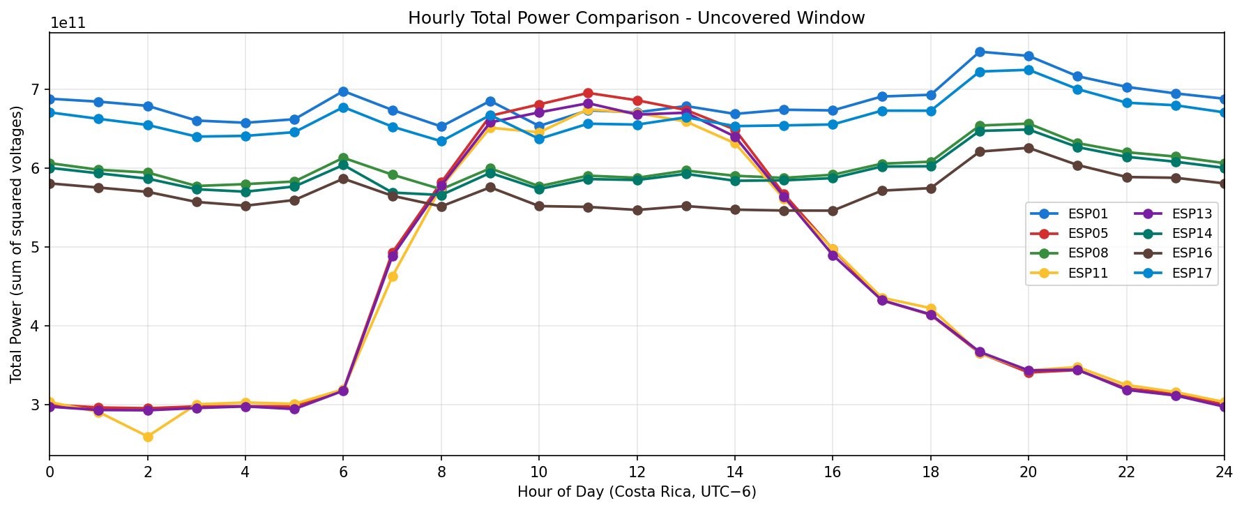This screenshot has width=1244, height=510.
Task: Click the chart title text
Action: click(636, 17)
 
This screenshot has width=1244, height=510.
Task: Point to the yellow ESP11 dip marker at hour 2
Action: click(148, 437)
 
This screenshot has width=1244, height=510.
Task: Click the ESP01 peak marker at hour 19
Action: click(980, 52)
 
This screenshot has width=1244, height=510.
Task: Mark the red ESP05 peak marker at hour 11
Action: click(588, 93)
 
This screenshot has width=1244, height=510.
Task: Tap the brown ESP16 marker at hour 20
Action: click(1029, 148)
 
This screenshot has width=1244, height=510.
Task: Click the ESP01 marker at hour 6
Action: click(343, 91)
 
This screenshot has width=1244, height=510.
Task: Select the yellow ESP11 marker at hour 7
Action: click(393, 276)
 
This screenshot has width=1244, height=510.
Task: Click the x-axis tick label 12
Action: click(637, 472)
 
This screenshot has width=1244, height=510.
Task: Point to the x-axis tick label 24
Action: click(1224, 472)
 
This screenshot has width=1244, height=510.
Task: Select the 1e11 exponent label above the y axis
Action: click(68, 23)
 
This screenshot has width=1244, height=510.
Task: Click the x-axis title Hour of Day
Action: click(636, 492)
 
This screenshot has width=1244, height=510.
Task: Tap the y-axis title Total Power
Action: click(16, 244)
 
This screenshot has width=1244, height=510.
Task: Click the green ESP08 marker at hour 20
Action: click(1029, 124)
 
